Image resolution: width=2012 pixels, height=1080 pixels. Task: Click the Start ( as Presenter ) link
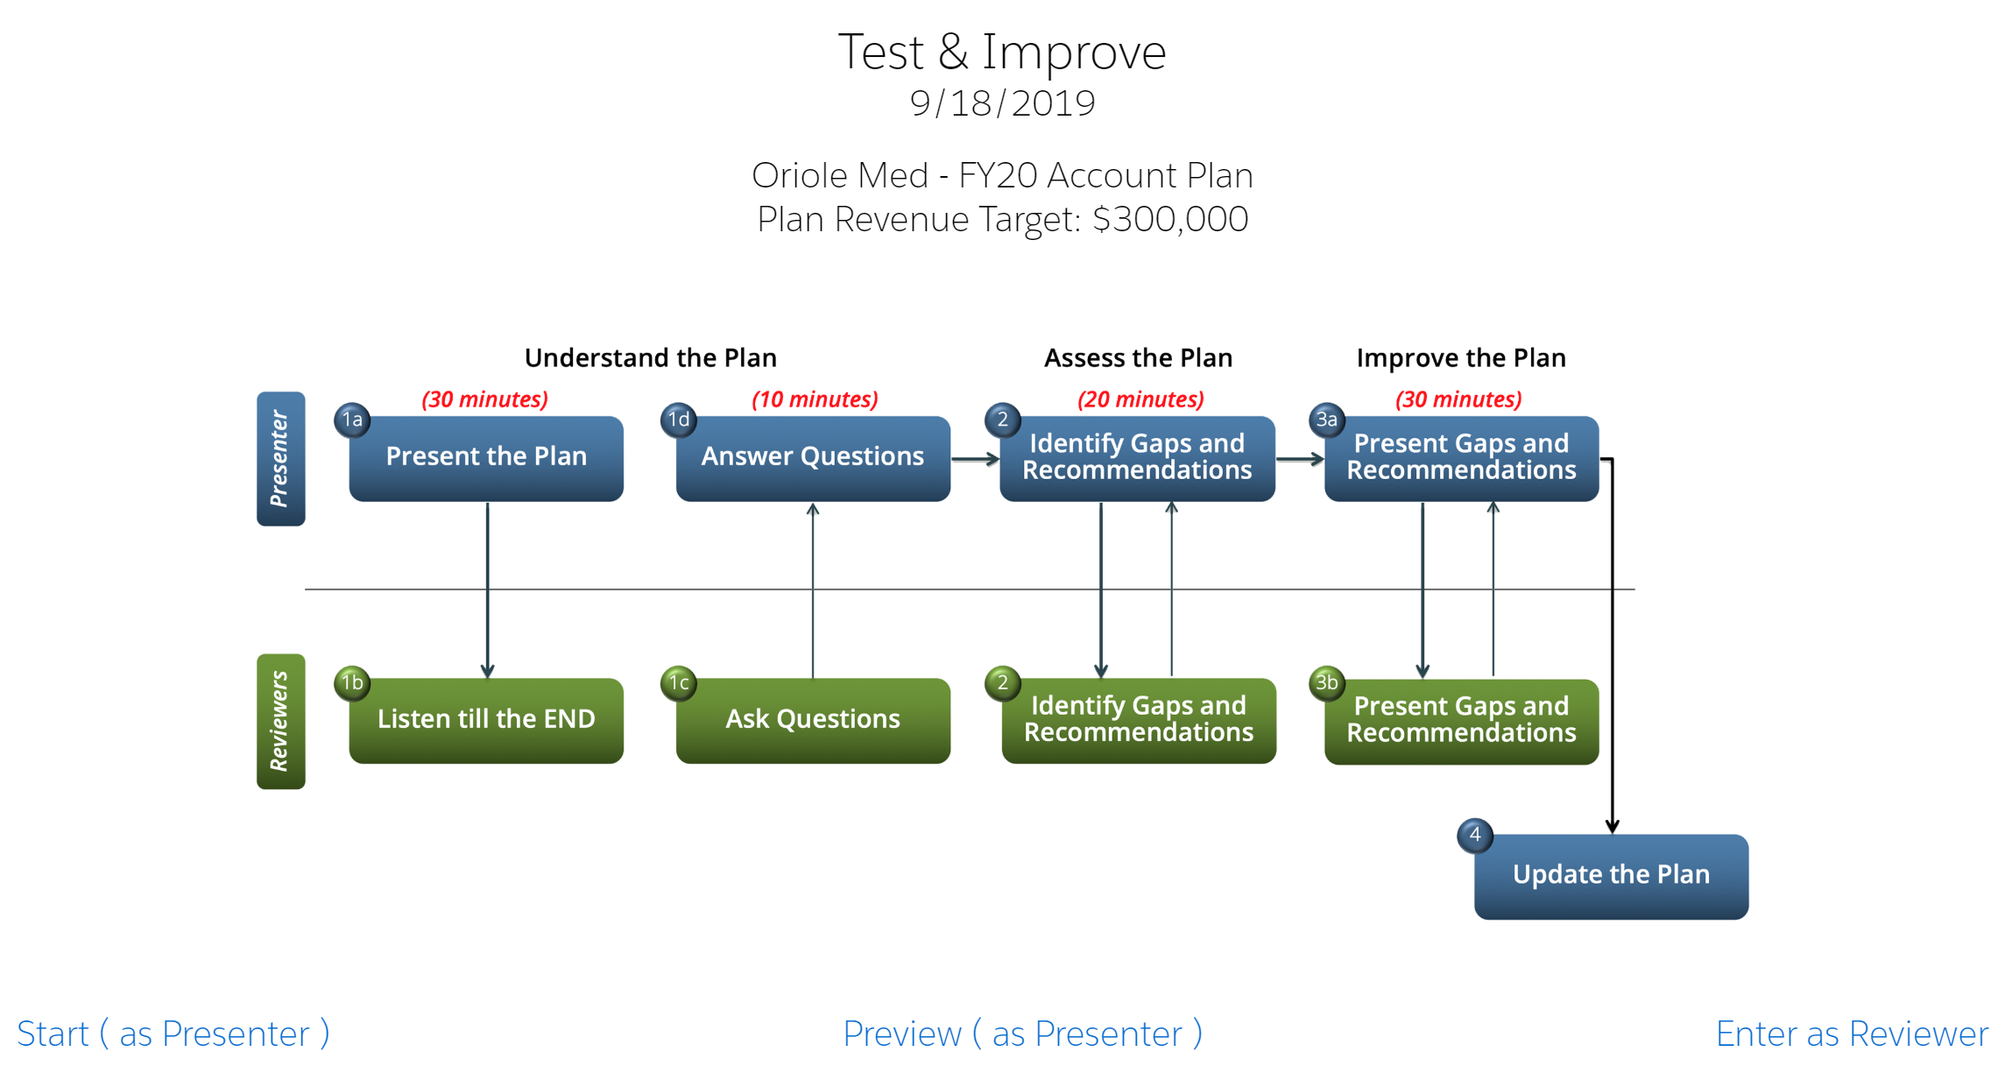[x=173, y=1034]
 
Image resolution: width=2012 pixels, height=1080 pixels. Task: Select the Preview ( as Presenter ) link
[x=1022, y=1034]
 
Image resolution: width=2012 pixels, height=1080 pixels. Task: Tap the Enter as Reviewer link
[x=1852, y=1034]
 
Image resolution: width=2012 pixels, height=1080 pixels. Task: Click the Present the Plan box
[x=486, y=458]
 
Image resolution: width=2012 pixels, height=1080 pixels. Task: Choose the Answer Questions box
[x=813, y=458]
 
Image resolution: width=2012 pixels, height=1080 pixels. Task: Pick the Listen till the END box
[x=486, y=720]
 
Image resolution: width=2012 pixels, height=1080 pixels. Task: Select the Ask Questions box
[x=813, y=720]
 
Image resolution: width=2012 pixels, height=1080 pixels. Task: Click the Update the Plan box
[x=1611, y=876]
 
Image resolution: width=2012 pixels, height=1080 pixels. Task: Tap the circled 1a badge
[x=352, y=420]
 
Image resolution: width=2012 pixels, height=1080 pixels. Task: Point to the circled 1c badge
[x=679, y=682]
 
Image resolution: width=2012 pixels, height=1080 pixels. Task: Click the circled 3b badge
[x=1327, y=682]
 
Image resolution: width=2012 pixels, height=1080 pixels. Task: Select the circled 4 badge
[x=1475, y=835]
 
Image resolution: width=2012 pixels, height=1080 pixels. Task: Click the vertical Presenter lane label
[x=280, y=458]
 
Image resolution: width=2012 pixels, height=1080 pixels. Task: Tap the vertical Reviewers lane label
[x=280, y=721]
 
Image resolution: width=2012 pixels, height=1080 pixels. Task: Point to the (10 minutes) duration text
[x=815, y=399]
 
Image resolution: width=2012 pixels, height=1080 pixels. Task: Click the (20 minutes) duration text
[x=1140, y=399]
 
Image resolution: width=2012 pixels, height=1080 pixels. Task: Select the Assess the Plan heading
[x=1138, y=357]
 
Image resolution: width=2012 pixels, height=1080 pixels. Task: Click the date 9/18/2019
[x=1002, y=103]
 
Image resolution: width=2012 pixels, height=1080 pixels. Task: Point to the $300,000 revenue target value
[x=1170, y=219]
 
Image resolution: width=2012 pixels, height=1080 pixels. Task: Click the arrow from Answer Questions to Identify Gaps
[x=975, y=459]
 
